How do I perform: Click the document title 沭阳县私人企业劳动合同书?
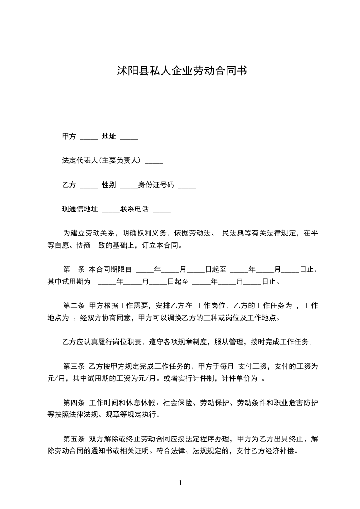181,71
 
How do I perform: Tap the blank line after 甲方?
89,136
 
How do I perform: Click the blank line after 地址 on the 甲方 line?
129,136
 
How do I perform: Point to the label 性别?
109,185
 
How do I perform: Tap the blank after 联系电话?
162,210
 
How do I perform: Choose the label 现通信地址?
80,210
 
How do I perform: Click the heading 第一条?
74,269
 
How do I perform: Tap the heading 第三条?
74,366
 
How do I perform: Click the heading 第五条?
74,439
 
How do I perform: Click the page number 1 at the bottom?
180,483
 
